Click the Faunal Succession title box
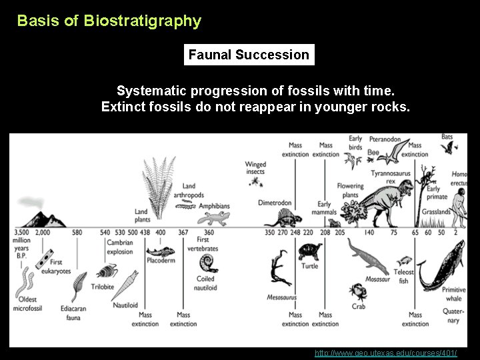(x=249, y=55)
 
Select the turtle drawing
(x=309, y=252)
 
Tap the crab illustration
(x=358, y=291)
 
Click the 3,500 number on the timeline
(x=21, y=232)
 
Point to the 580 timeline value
(x=77, y=232)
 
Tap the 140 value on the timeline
(x=368, y=232)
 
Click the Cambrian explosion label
(x=120, y=247)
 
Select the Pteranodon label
(x=385, y=140)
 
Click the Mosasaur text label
(x=377, y=280)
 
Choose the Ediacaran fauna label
(x=73, y=313)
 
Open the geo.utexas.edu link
(x=386, y=353)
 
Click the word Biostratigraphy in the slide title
(x=142, y=21)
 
